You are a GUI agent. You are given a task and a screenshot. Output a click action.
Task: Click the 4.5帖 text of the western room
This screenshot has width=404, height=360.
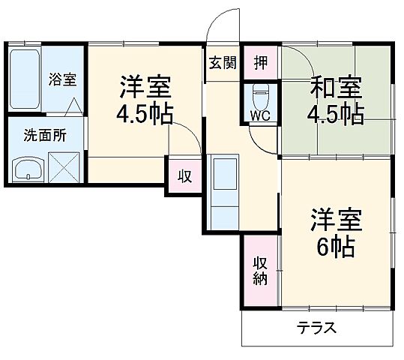pos(145,115)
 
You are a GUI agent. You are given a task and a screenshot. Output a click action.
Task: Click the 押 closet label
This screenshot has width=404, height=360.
pos(260,62)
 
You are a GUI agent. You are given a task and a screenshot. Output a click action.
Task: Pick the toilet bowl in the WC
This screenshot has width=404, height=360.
pos(260,96)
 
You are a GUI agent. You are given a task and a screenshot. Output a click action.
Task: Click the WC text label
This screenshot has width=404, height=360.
pos(259,116)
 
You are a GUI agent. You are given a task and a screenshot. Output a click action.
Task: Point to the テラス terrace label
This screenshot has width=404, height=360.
pos(316,328)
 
